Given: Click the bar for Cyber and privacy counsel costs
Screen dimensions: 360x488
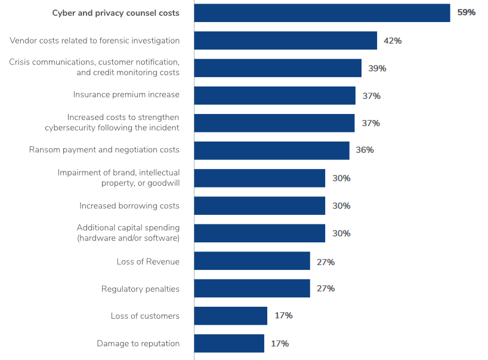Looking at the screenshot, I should point(322,13).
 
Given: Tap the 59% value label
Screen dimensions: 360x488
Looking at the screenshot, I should point(466,13).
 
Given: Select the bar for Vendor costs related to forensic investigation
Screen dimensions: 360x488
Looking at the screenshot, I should point(285,41).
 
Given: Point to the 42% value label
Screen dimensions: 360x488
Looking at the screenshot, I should point(393,41).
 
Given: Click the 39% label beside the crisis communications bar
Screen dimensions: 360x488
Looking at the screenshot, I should point(377,68).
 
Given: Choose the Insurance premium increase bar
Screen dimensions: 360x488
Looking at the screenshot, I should point(274,96).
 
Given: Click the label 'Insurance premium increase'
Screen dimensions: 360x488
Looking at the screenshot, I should point(126,95).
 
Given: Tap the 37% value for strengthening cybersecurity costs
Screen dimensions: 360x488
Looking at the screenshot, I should point(370,123).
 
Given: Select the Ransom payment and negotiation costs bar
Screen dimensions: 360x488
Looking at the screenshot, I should point(271,150).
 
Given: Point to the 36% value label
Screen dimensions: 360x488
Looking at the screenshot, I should point(365,150).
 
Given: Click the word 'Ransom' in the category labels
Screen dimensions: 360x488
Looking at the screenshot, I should point(44,150).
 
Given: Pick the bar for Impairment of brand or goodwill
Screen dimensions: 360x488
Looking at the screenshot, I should point(260,178).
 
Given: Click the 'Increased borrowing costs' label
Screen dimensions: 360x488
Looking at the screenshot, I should point(129,206).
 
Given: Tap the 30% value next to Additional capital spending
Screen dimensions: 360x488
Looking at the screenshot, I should point(341,233).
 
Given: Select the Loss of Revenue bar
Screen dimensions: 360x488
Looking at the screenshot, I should point(252,261).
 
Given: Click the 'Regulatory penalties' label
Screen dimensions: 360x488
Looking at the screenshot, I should point(140,289).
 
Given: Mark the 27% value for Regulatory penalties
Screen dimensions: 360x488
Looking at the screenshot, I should point(326,288).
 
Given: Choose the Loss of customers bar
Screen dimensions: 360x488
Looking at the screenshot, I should point(230,316).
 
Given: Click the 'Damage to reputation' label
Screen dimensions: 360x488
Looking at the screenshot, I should point(138,344).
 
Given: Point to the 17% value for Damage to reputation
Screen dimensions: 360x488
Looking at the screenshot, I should point(280,344).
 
